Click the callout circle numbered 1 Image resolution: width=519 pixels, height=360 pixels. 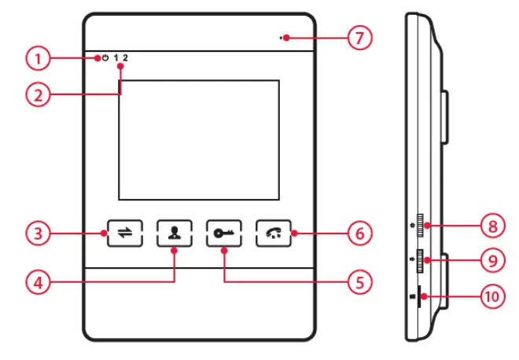(x=36, y=57)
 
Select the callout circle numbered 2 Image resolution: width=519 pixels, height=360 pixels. (x=36, y=94)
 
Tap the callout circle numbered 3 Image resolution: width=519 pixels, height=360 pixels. (x=36, y=233)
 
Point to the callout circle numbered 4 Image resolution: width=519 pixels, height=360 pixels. (x=36, y=281)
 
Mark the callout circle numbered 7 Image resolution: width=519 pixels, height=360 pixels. (x=359, y=37)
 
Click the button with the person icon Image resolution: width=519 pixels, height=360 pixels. (x=173, y=233)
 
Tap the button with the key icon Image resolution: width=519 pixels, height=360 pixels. (x=223, y=233)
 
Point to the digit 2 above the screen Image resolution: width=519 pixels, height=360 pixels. (x=125, y=58)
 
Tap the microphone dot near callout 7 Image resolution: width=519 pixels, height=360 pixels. (x=286, y=37)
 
